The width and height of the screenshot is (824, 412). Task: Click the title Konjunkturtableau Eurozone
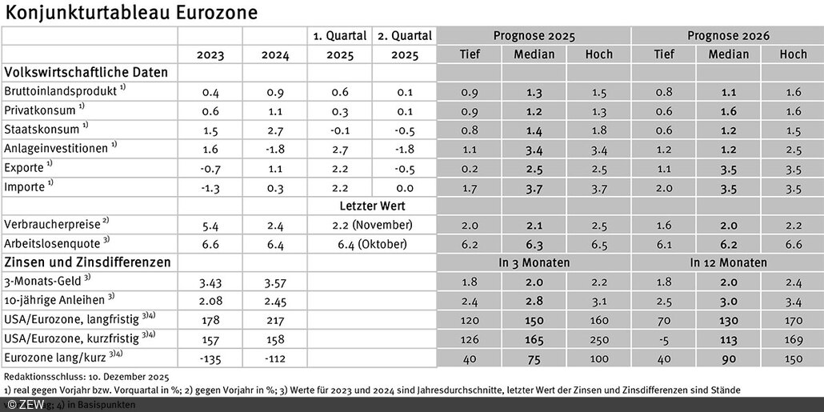(x=131, y=13)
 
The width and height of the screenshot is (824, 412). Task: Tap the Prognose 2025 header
(x=534, y=36)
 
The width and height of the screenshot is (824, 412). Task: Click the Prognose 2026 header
(x=727, y=36)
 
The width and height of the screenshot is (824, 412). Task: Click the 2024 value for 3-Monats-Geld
(x=274, y=282)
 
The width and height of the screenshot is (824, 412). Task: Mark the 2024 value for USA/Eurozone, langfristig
(x=274, y=320)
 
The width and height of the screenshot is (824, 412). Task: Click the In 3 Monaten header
(x=534, y=262)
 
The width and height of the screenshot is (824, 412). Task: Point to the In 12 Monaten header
(x=727, y=262)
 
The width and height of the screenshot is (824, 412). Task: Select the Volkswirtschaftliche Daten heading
(x=86, y=72)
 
